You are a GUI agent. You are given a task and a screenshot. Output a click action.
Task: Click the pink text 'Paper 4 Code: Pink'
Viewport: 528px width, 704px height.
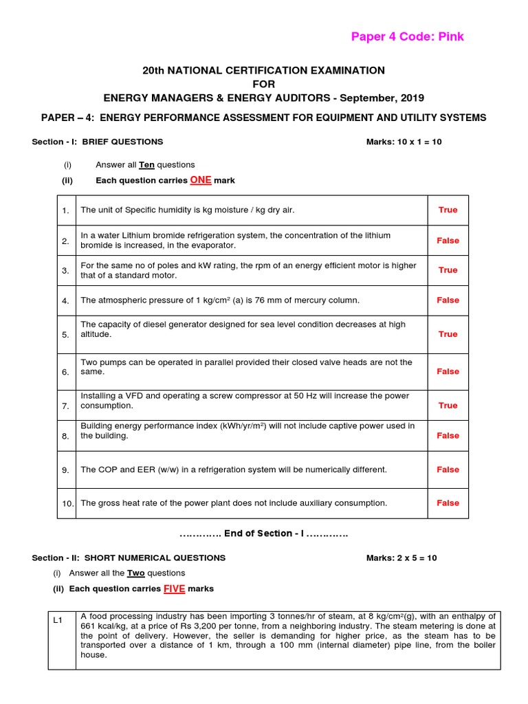(407, 36)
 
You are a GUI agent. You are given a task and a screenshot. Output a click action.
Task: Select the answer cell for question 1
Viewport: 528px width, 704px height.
(448, 210)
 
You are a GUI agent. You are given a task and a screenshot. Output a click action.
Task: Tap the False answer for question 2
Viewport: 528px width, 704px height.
(448, 241)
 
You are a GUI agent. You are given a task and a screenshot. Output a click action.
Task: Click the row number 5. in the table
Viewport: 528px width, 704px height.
(65, 335)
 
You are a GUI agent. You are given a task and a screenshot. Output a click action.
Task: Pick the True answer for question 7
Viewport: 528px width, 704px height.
(448, 406)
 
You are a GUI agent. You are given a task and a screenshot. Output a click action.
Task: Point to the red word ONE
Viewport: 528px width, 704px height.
(201, 180)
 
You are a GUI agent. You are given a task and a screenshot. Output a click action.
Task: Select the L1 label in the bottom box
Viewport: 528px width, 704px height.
(58, 621)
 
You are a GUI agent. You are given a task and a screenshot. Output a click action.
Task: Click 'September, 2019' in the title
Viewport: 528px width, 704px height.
(385, 98)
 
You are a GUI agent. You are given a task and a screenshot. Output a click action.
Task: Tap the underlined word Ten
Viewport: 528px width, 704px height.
(146, 165)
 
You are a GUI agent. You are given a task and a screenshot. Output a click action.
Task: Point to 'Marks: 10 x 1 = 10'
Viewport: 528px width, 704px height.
(401, 142)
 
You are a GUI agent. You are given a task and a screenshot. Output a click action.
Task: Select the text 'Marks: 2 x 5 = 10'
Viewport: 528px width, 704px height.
(401, 558)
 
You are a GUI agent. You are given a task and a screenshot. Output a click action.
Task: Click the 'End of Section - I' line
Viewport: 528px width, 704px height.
(263, 533)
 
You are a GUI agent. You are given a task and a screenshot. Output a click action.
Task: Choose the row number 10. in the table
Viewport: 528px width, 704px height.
(67, 503)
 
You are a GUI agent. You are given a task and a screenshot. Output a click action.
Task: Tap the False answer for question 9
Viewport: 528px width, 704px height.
(448, 470)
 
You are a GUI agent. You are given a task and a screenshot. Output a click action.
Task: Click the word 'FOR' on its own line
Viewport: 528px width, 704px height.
(263, 84)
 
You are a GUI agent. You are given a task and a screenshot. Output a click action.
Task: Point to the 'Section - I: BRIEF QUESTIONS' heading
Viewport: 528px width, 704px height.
(98, 142)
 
